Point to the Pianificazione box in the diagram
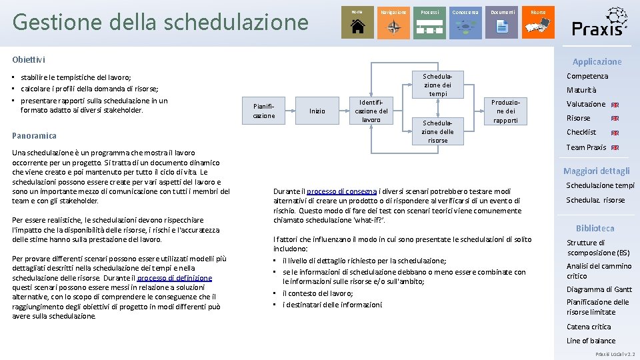263,111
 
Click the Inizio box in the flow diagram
317,111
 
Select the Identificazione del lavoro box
371,111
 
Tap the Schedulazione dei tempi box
437,85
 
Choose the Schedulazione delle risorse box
437,132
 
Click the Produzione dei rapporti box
505,111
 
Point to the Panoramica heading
34,135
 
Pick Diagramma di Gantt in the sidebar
599,289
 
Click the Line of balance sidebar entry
591,341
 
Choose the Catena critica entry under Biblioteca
589,327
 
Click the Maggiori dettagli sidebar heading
596,171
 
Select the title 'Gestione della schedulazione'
160,22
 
